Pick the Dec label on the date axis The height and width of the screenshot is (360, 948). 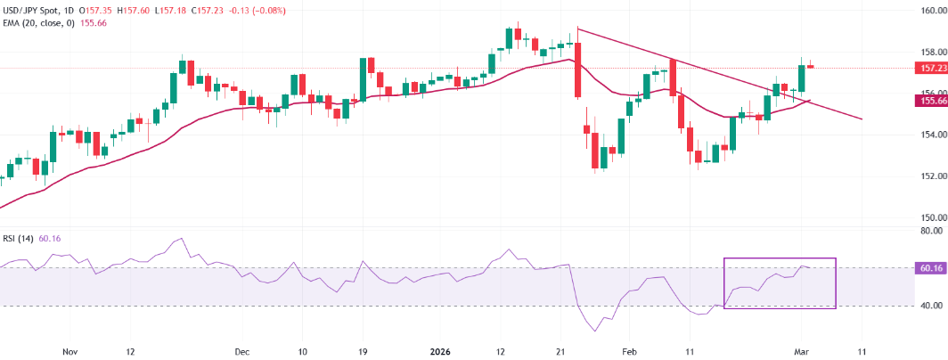[241, 351]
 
